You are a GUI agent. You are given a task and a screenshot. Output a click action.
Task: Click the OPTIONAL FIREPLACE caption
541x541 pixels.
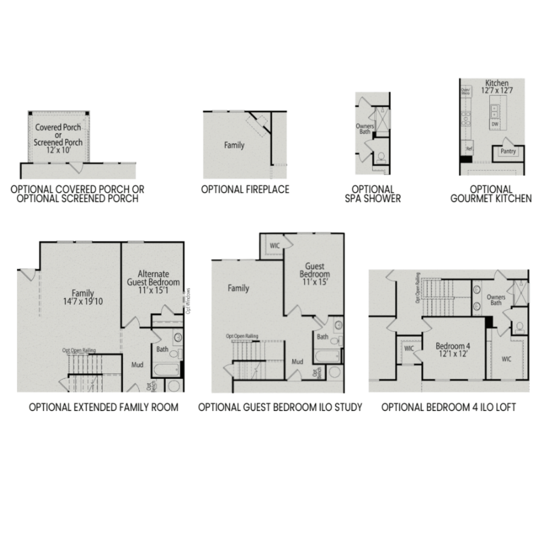click(245, 189)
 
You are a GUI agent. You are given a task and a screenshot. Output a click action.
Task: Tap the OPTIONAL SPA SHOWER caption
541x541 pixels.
click(373, 194)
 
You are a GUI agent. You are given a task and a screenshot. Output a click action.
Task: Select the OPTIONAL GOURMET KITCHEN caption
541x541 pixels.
click(491, 194)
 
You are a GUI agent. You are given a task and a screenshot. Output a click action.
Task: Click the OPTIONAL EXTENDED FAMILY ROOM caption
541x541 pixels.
click(104, 407)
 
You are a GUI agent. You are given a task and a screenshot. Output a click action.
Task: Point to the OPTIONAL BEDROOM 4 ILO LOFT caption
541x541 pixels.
click(449, 407)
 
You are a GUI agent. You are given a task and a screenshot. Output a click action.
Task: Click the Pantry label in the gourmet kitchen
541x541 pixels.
click(508, 151)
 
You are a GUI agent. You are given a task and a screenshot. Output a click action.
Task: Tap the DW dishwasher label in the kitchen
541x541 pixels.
click(495, 124)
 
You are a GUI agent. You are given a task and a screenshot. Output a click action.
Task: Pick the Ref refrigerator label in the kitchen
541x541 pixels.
click(469, 148)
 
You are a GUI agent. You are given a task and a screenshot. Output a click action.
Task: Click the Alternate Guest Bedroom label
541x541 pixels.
click(153, 278)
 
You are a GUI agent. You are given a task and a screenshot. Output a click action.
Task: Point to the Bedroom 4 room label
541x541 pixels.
click(453, 346)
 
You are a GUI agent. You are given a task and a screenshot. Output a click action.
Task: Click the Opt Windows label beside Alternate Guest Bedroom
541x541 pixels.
click(188, 301)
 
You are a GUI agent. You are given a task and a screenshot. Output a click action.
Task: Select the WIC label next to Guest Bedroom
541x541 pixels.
click(274, 246)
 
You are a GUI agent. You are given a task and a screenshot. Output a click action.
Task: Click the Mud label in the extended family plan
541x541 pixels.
click(137, 365)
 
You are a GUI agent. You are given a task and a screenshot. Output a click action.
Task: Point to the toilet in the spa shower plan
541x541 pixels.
click(381, 157)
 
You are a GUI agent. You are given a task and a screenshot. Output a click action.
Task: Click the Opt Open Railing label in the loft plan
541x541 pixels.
click(418, 287)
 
